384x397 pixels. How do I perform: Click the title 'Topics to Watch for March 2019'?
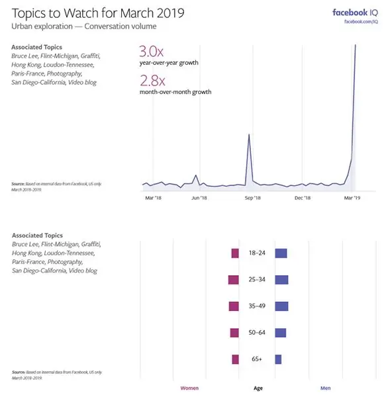(x=98, y=13)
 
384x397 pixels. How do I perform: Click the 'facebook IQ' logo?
(x=355, y=13)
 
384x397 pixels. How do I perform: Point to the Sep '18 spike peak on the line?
(x=249, y=135)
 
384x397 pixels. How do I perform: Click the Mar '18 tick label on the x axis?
(x=153, y=197)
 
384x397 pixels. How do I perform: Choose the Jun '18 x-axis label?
(x=199, y=197)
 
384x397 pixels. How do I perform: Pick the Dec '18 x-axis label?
(x=303, y=197)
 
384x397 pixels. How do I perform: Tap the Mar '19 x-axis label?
(x=352, y=197)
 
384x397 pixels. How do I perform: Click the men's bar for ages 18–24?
(x=281, y=253)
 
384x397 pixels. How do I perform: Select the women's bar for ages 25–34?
(x=232, y=280)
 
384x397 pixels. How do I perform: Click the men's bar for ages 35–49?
(x=281, y=306)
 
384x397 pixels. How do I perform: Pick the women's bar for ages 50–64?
(x=234, y=333)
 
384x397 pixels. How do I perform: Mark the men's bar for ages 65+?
(x=278, y=359)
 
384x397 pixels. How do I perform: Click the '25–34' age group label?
(x=257, y=280)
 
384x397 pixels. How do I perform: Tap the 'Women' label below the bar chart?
(x=189, y=388)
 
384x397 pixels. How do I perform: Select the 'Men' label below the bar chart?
(x=326, y=388)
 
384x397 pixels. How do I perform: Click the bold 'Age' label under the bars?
(x=258, y=388)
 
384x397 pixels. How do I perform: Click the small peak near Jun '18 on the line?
(x=196, y=176)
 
